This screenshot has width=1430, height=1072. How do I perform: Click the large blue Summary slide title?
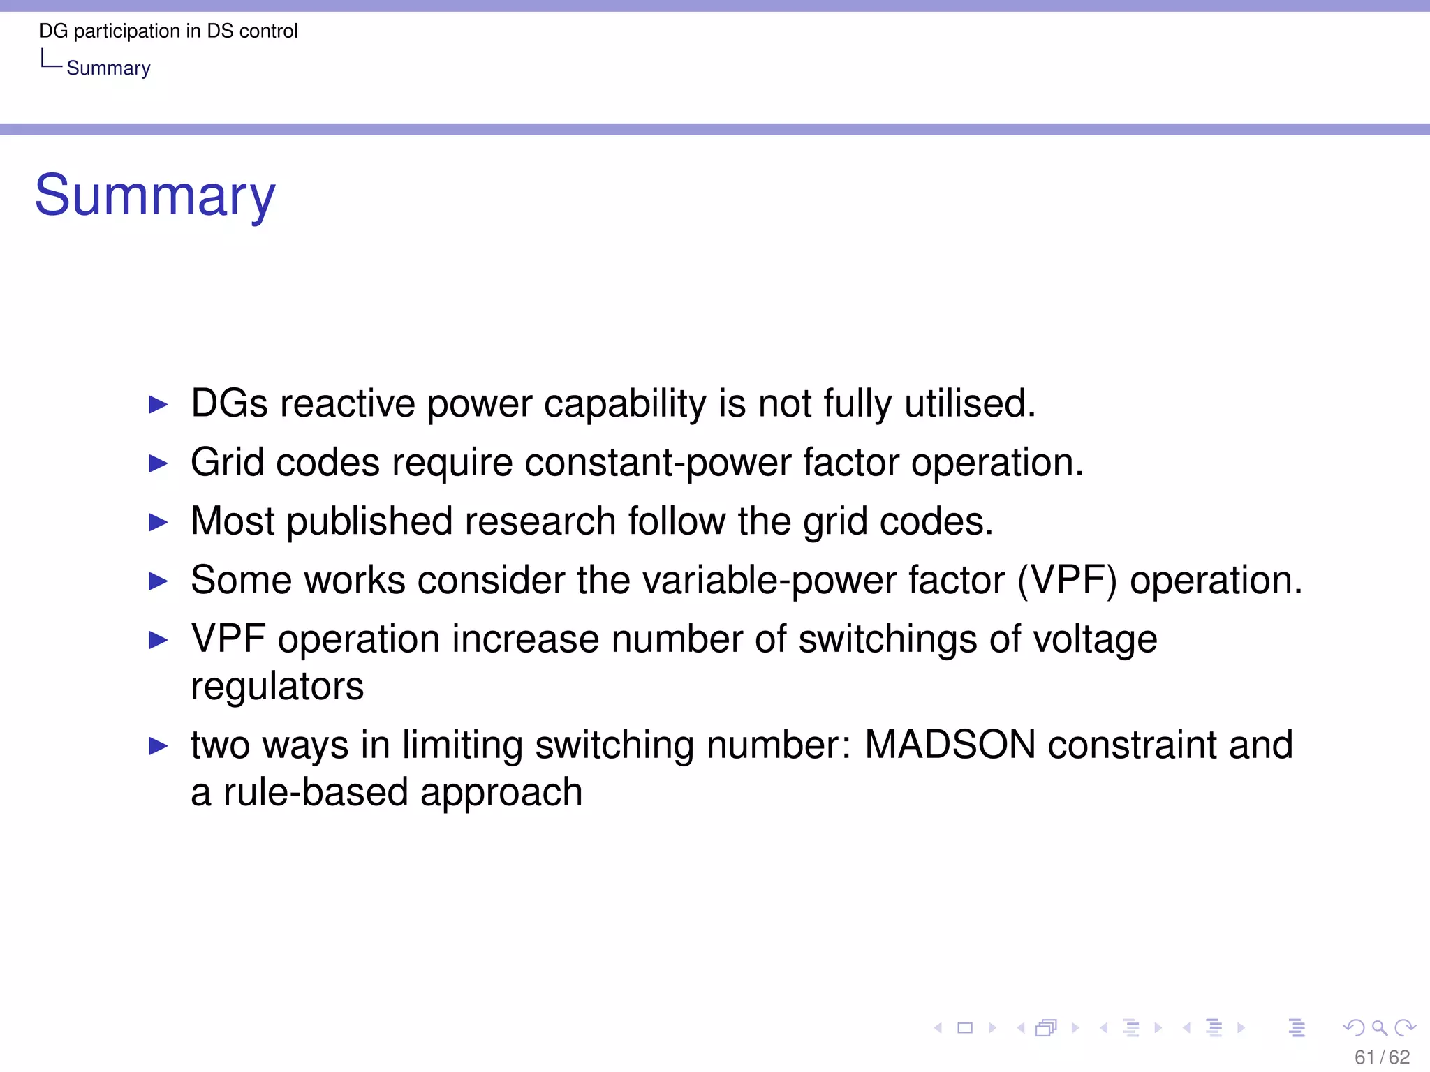click(155, 196)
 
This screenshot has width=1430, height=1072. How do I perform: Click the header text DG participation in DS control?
click(168, 31)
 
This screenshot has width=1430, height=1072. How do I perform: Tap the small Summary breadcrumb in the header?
click(108, 68)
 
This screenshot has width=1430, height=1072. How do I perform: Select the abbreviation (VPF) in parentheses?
click(1067, 580)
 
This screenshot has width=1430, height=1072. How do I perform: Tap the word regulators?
click(277, 686)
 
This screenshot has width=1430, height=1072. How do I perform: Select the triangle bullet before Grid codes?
click(159, 463)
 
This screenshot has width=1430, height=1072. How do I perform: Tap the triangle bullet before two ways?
click(159, 746)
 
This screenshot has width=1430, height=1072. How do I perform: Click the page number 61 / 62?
click(1382, 1057)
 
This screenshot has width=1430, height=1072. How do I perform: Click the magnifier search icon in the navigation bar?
click(1379, 1027)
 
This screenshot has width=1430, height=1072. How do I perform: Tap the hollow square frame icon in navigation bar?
click(965, 1027)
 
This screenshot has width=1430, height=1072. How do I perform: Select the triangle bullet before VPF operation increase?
click(159, 640)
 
